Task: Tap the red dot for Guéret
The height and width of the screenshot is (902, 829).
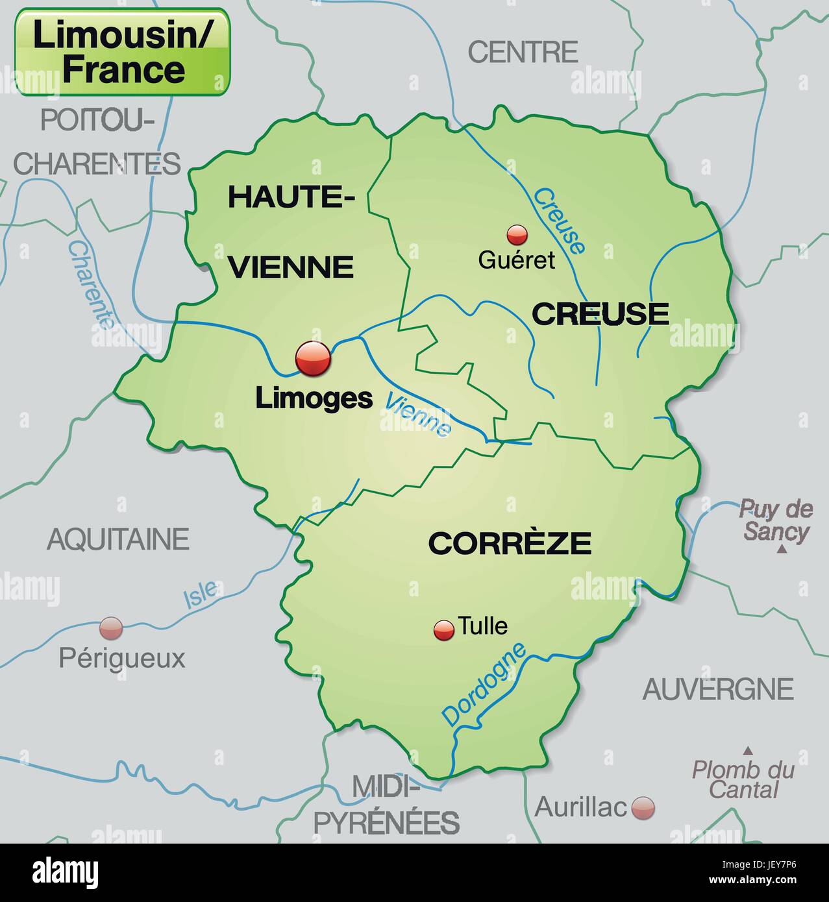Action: coord(517,234)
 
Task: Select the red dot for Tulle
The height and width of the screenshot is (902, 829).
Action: coord(444,629)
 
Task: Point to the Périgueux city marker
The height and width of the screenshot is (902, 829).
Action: coord(110,628)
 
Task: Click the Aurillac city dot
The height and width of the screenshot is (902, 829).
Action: coord(643,808)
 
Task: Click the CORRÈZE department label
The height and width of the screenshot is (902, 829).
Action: coord(510,543)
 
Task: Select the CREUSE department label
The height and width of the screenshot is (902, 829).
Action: coord(600,314)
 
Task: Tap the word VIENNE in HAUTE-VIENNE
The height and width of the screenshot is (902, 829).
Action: coord(292,267)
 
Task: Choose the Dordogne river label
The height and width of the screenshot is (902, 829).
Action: coord(484,684)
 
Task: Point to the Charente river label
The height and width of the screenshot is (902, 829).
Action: coord(91,284)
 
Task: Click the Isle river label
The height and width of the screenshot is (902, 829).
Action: coord(200,594)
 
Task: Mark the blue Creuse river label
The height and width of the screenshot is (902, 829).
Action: coord(559,221)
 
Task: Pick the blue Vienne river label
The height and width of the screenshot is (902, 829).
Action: coord(417,415)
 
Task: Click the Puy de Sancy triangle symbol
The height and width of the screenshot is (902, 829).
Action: coord(783,550)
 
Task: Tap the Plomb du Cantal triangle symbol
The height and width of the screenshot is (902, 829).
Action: coord(748,750)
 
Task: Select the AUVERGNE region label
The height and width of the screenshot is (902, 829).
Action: coord(718,689)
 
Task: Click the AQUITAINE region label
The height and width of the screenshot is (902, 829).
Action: coord(118,539)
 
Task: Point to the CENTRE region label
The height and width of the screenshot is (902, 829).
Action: coord(523,52)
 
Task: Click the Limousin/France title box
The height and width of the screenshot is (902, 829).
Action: coord(122,52)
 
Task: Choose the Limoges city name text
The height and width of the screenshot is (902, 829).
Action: coord(314,398)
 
